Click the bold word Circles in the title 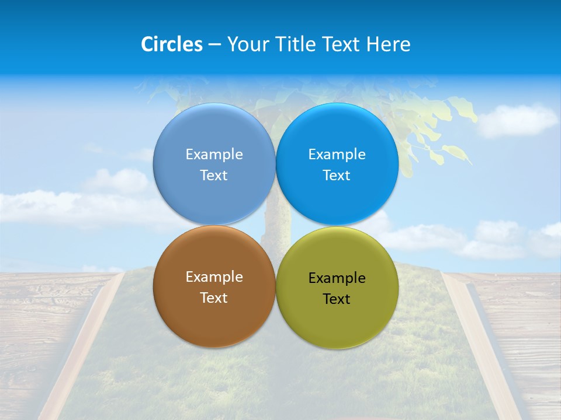tap(172, 44)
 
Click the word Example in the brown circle tap(214, 277)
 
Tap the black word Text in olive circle tap(337, 299)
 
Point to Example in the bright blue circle tap(337, 155)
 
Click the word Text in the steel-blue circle tap(214, 176)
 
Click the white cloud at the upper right tap(517, 120)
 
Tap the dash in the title tap(214, 45)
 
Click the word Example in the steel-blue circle tap(214, 155)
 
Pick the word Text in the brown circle tap(214, 298)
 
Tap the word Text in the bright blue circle tap(337, 176)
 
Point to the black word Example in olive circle tap(337, 278)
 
